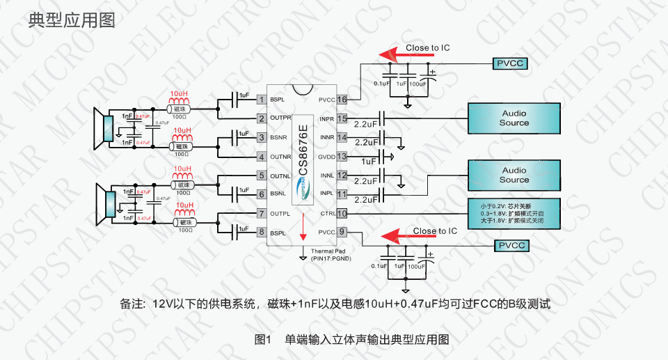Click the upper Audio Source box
click(x=514, y=118)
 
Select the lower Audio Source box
click(x=514, y=175)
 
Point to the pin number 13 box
click(x=342, y=157)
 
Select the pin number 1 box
click(x=262, y=100)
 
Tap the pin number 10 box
click(x=342, y=213)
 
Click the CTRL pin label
click(x=327, y=213)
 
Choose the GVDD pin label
click(x=327, y=157)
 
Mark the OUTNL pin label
click(x=280, y=175)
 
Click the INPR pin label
click(x=327, y=118)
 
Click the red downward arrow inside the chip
click(x=303, y=229)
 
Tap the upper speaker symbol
click(x=104, y=129)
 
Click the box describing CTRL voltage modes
click(x=514, y=213)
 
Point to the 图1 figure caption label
click(x=262, y=340)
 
